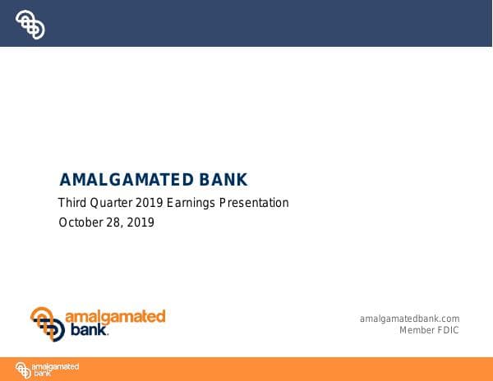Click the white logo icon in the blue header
coord(30,24)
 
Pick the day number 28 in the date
coord(113,223)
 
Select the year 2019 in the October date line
coord(140,223)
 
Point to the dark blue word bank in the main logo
coord(85,332)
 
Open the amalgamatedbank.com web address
coord(409,319)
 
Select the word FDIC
coord(448,330)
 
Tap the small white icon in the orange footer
coord(23,370)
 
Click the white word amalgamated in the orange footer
coord(56,366)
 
